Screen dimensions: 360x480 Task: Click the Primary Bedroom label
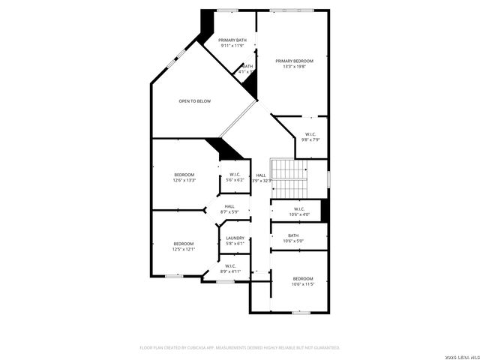pyautogui.click(x=294, y=61)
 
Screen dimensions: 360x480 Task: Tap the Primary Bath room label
pyautogui.click(x=232, y=40)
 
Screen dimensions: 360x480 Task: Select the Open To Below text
pyautogui.click(x=194, y=101)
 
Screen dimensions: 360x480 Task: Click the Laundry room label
pyautogui.click(x=235, y=238)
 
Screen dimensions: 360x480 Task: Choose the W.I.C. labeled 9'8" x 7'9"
pyautogui.click(x=310, y=134)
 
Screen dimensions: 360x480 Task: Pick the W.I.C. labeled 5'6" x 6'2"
pyautogui.click(x=235, y=175)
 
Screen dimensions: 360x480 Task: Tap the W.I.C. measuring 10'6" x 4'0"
pyautogui.click(x=298, y=209)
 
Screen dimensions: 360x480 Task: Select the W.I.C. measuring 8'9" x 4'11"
pyautogui.click(x=229, y=265)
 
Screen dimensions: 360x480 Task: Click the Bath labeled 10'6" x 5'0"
pyautogui.click(x=292, y=235)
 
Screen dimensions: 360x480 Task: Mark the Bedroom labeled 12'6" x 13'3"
pyautogui.click(x=184, y=175)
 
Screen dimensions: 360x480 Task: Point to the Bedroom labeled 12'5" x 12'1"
pyautogui.click(x=184, y=244)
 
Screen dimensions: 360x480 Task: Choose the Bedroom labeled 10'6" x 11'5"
pyautogui.click(x=302, y=279)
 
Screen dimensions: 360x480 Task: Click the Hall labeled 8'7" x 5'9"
pyautogui.click(x=229, y=206)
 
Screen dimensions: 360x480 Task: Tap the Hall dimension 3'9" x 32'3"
pyautogui.click(x=260, y=181)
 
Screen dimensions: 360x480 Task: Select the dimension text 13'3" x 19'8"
pyautogui.click(x=294, y=66)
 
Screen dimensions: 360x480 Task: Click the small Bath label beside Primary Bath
pyautogui.click(x=247, y=66)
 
